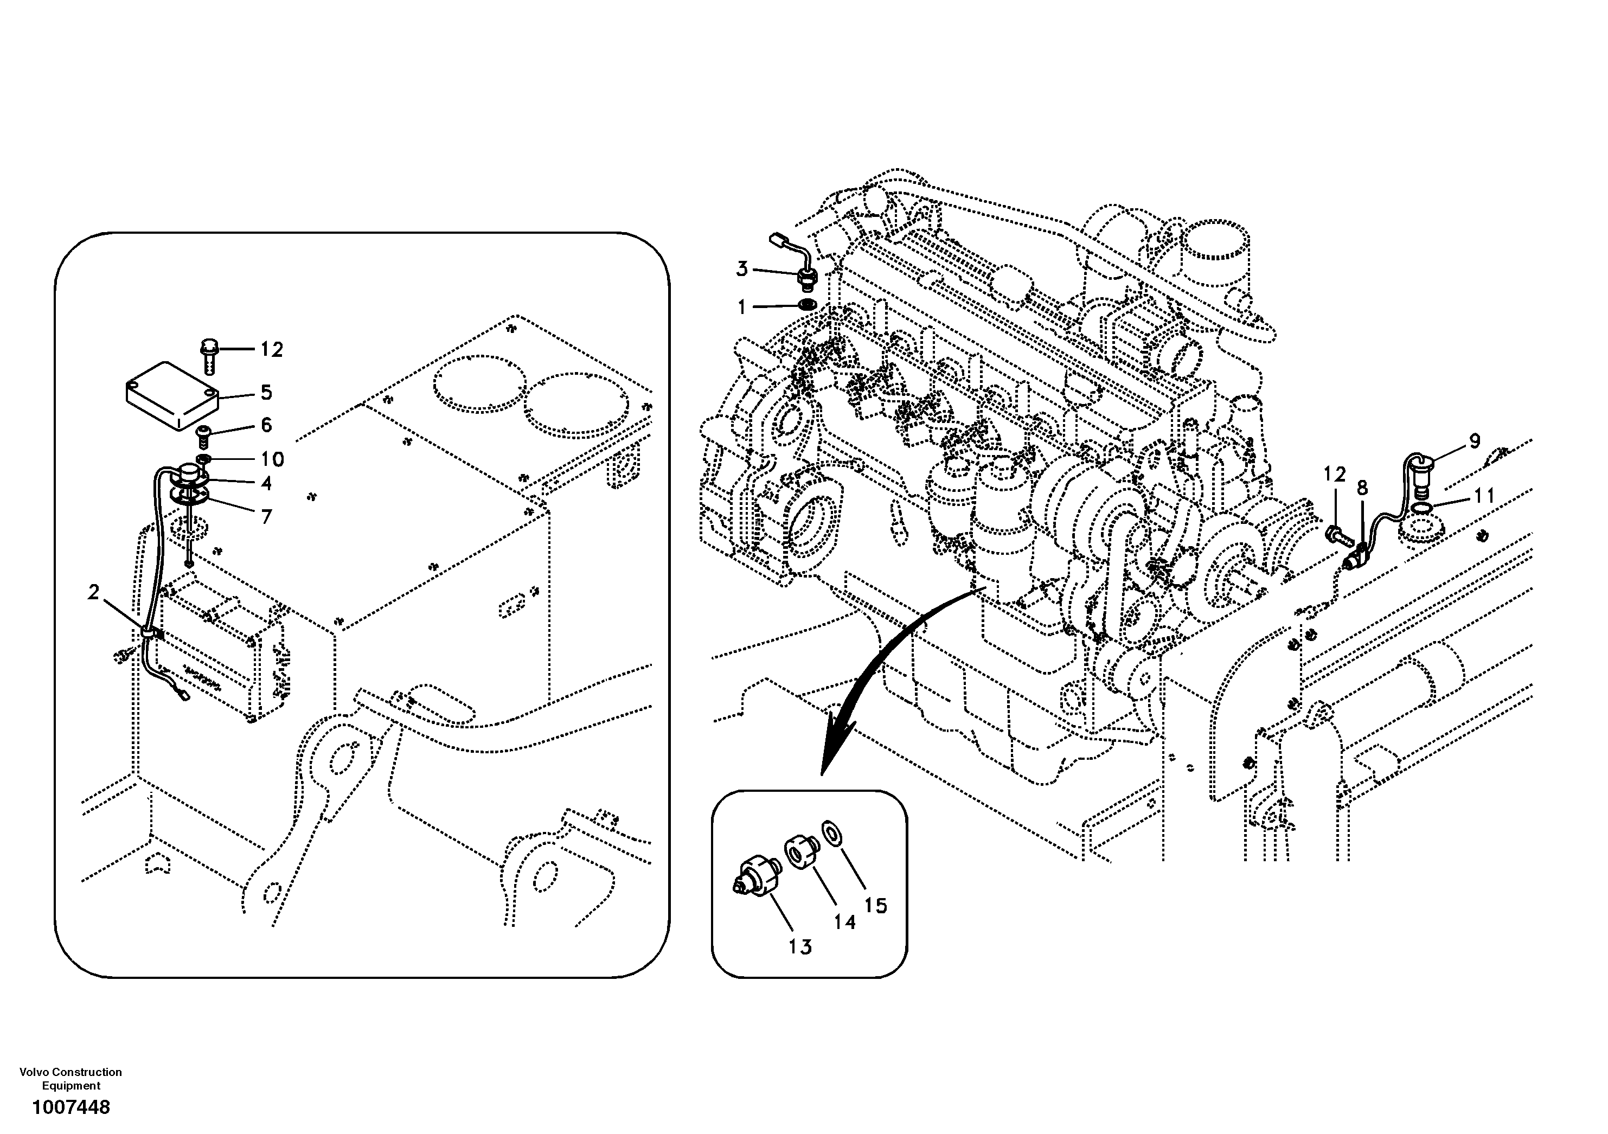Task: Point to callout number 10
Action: (272, 459)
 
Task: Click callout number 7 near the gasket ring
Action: (266, 517)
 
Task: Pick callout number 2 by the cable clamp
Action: (94, 593)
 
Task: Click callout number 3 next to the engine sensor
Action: (742, 269)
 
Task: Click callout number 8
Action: (1361, 488)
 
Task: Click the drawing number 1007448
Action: (71, 1107)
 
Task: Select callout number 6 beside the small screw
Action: (266, 425)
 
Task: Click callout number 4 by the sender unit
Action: (266, 483)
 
